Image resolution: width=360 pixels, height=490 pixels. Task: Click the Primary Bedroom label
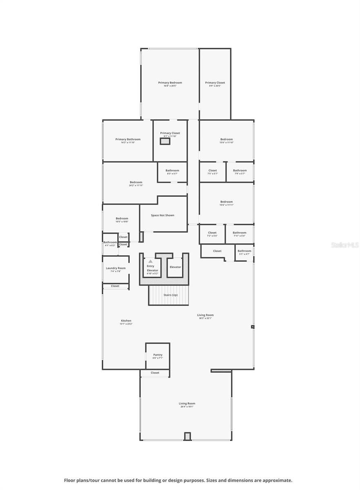[x=170, y=83]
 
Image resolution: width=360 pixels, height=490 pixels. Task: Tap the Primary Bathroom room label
[x=128, y=139]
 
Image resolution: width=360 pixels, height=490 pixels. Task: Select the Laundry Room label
[x=116, y=268]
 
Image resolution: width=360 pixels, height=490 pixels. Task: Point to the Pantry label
[x=158, y=355]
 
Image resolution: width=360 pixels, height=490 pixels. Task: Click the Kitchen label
[x=126, y=321]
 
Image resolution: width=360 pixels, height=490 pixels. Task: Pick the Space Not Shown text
[x=162, y=215]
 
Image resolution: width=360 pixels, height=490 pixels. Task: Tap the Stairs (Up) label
[x=171, y=295]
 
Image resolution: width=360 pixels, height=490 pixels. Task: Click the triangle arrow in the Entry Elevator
[x=151, y=261]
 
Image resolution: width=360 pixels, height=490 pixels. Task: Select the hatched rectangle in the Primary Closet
[x=164, y=141]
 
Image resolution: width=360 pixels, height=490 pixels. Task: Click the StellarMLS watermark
[x=345, y=245]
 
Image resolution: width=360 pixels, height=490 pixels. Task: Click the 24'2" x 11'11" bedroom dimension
[x=136, y=185]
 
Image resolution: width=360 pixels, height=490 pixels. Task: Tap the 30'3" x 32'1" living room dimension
[x=205, y=318]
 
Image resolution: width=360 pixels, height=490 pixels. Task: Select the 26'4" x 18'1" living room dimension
[x=187, y=407]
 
